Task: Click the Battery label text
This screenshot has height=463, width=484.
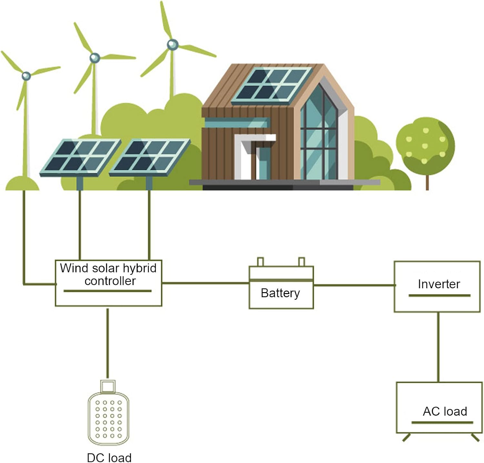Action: click(x=280, y=293)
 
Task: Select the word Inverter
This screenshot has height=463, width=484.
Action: click(x=439, y=284)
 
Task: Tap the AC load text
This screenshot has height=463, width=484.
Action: click(x=445, y=411)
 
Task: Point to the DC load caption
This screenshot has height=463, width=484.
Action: click(x=109, y=458)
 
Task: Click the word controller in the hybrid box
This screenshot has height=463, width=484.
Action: click(x=110, y=281)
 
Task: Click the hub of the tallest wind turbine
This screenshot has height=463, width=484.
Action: click(x=172, y=44)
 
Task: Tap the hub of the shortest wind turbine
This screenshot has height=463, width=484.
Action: click(x=26, y=76)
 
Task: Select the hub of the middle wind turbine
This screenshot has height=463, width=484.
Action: click(x=95, y=58)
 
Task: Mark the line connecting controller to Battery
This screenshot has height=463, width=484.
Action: click(x=205, y=283)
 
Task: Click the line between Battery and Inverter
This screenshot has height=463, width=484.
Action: click(x=354, y=285)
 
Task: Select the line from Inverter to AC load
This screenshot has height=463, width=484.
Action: click(x=438, y=347)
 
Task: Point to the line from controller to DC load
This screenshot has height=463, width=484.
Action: click(x=108, y=343)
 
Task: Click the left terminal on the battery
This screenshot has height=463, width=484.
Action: click(x=260, y=261)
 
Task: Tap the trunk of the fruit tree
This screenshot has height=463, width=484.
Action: click(x=427, y=182)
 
